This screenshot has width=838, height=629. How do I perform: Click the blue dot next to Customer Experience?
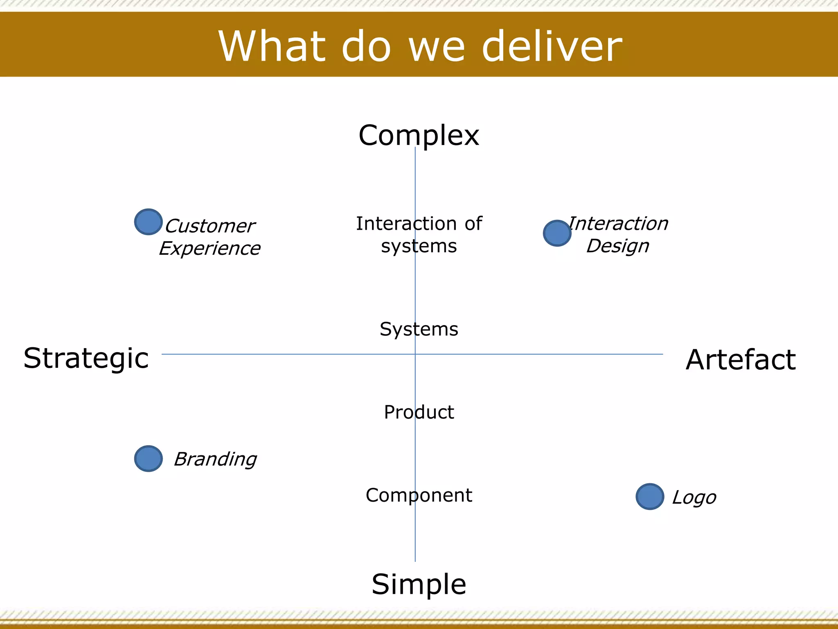click(x=148, y=222)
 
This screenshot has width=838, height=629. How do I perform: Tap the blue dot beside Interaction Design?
click(x=557, y=233)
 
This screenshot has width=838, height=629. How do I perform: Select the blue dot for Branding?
click(x=148, y=458)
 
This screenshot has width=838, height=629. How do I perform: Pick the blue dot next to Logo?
click(x=650, y=496)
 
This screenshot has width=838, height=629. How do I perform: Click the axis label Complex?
click(x=419, y=136)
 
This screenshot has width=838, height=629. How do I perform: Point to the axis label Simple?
click(x=419, y=584)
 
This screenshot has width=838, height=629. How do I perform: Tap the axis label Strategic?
click(x=86, y=359)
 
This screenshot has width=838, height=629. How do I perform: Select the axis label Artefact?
click(x=741, y=360)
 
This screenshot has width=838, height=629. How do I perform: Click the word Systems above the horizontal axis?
click(x=419, y=329)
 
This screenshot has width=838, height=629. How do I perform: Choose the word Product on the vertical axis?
click(x=419, y=412)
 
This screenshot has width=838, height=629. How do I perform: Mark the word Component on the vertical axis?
click(x=419, y=496)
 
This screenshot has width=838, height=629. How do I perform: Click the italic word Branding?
click(x=215, y=459)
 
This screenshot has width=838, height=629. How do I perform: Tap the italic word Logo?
click(x=694, y=498)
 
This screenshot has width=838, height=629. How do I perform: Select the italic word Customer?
click(x=209, y=226)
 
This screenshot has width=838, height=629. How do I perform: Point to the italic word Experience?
click(x=209, y=249)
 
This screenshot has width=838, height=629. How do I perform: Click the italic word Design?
click(x=617, y=246)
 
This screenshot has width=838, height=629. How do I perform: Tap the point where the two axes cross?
click(x=415, y=354)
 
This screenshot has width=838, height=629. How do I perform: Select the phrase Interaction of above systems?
click(x=419, y=224)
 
